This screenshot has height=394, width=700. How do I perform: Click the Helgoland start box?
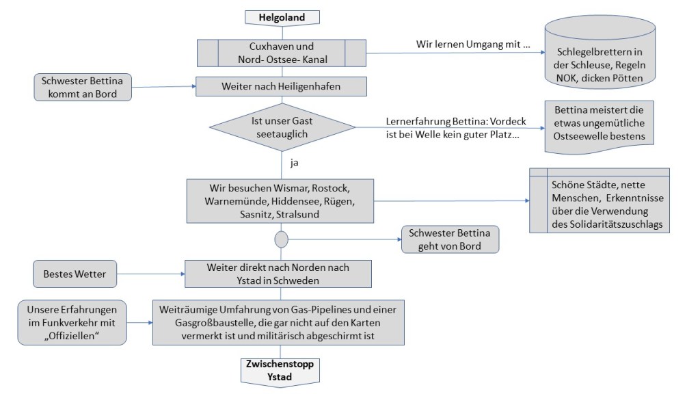pos(281,17)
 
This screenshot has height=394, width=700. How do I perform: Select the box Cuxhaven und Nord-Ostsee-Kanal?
pos(281,53)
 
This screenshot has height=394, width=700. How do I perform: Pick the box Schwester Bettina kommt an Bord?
pos(83,88)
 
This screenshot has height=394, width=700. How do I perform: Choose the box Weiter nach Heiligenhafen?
pos(281,87)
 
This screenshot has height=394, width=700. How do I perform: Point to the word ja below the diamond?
pos(295,164)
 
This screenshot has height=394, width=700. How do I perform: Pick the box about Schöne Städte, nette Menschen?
pos(600,200)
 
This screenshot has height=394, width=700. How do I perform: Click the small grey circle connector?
pos(281,239)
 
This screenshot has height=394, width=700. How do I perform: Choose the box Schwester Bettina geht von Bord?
pos(450,239)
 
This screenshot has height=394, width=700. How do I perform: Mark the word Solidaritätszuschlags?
pos(610,225)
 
